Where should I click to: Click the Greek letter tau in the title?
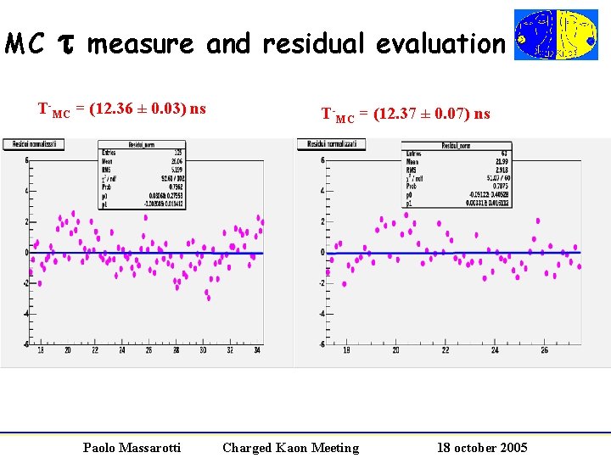pos(66,44)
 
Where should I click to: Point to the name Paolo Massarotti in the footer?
pos(132,447)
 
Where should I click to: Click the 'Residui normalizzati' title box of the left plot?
pos(33,145)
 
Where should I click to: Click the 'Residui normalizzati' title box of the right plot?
pos(331,145)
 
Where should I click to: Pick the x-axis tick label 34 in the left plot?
pos(257,349)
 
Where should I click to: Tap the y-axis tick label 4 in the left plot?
pos(26,191)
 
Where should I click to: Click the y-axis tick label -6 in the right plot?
pos(322,344)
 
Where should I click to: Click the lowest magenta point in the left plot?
pos(209,299)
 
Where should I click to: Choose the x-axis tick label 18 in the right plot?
pos(346,349)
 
